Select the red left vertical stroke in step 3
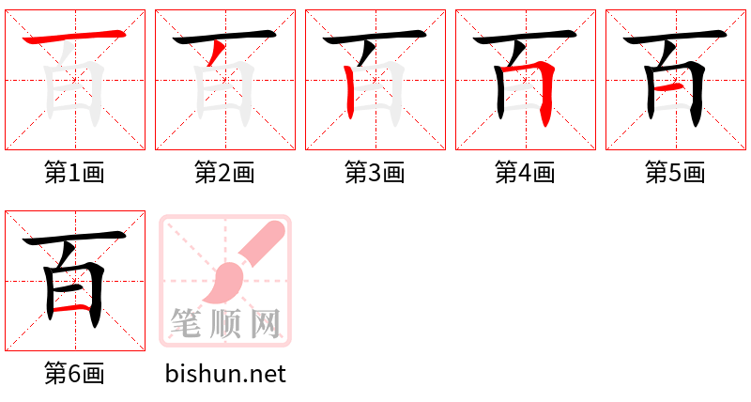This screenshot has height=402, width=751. point(350,92)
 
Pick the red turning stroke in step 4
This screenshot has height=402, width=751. point(536,86)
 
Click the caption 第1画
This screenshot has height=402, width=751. point(74,173)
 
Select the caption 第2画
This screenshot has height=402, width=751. point(224,173)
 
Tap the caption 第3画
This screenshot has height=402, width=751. point(375,173)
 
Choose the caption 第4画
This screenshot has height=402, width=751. point(525,173)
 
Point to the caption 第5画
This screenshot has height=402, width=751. point(675,173)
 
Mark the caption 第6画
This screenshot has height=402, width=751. point(74,374)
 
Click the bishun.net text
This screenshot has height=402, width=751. point(225,374)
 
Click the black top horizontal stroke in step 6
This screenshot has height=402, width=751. point(74,238)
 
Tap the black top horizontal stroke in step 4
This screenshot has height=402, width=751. point(525,37)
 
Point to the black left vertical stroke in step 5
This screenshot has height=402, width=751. point(651,92)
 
